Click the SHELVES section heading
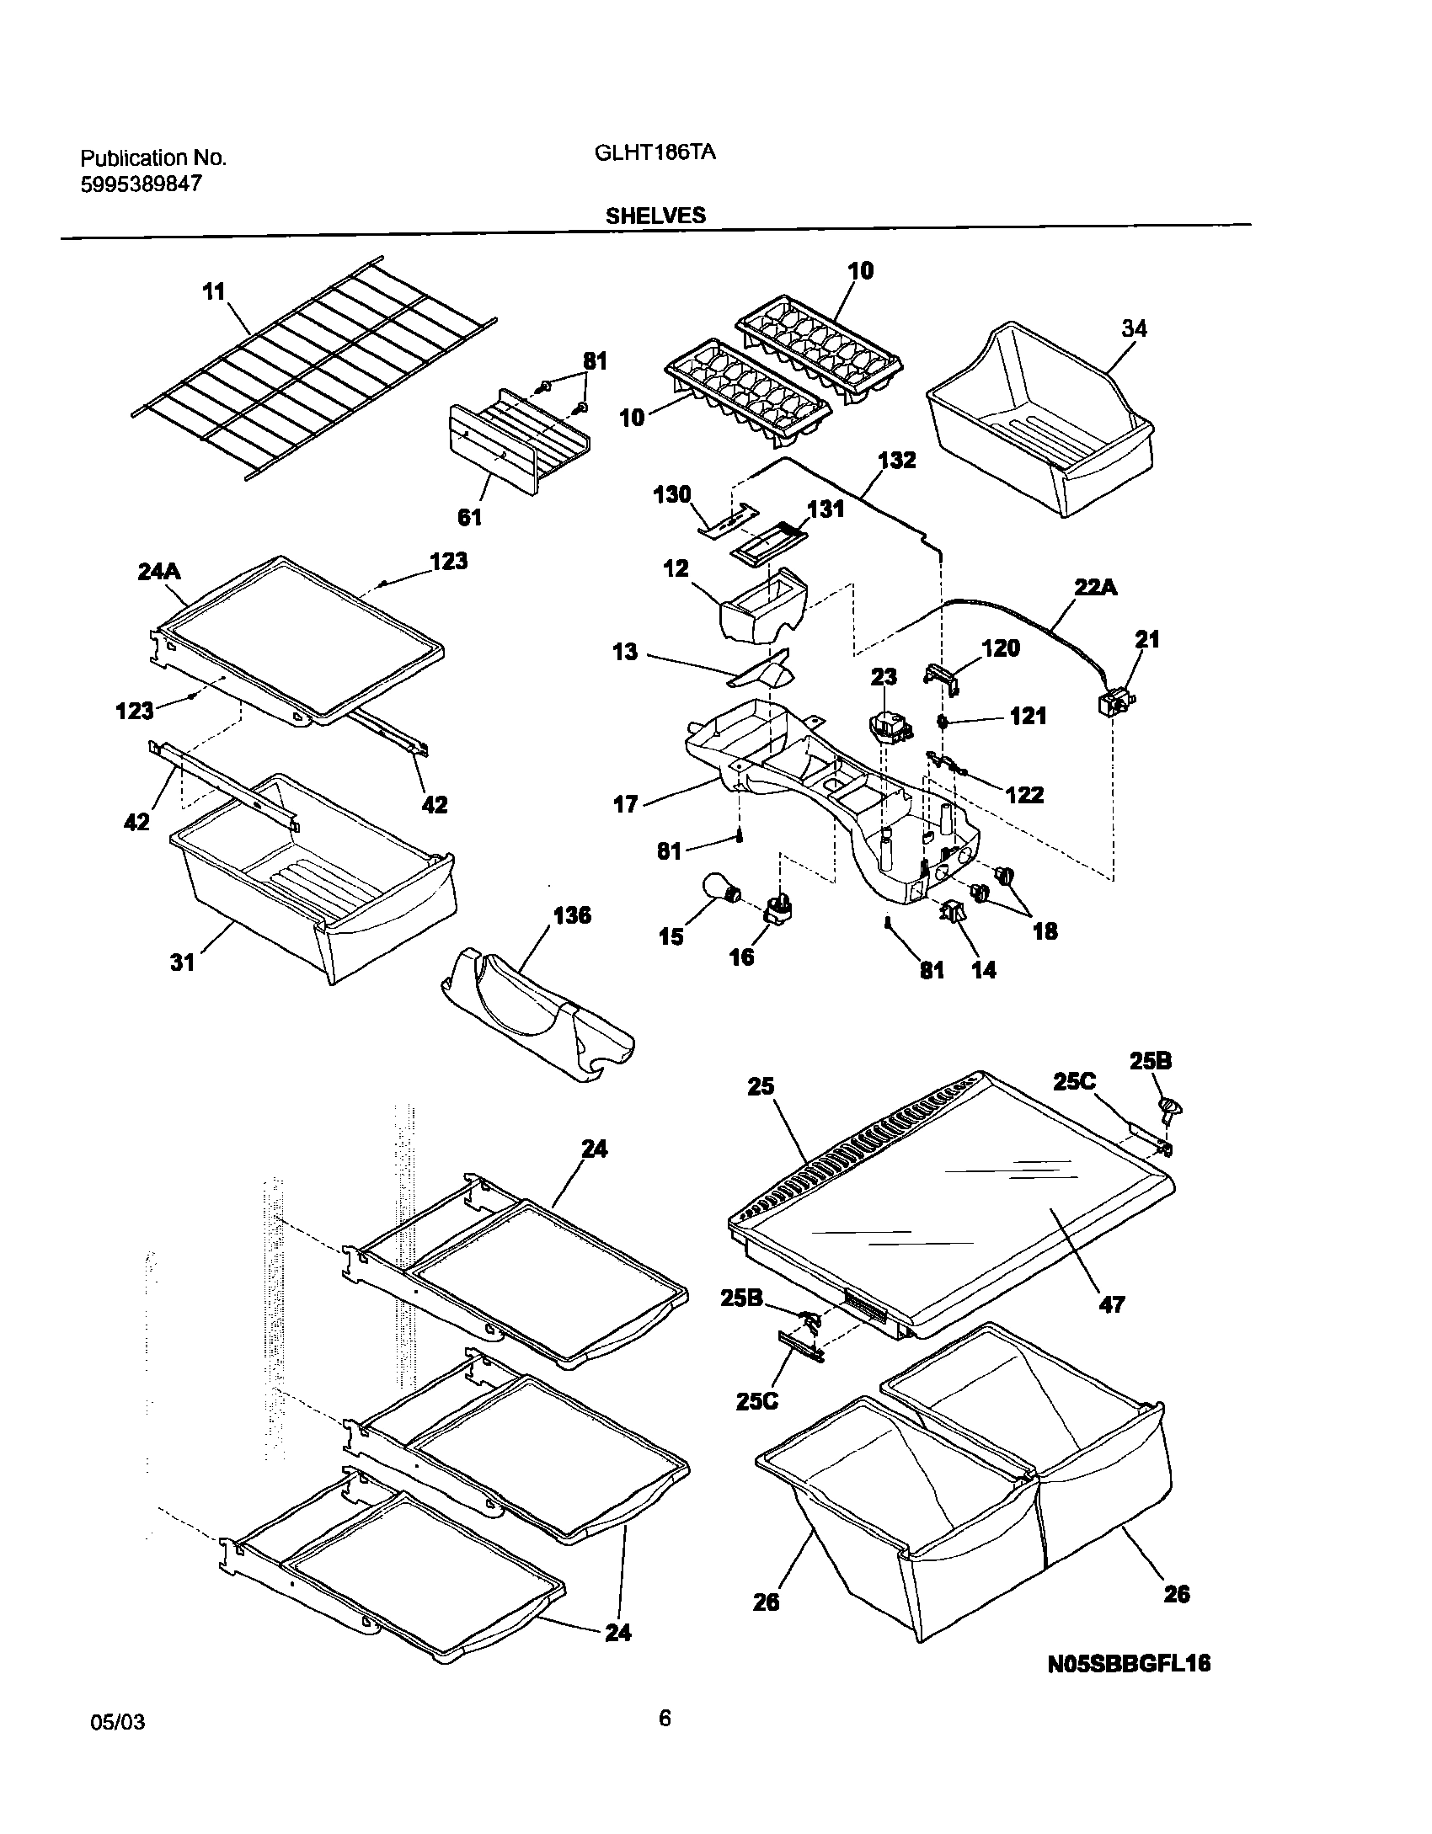tap(655, 216)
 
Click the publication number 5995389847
tap(141, 184)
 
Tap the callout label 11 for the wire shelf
tap(214, 292)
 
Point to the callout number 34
tap(1133, 328)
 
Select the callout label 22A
tap(1095, 587)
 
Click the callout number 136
tap(572, 915)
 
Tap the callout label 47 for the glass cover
tap(1112, 1304)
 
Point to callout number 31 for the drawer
tap(183, 962)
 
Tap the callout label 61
tap(469, 517)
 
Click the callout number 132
tap(896, 461)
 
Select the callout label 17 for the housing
tap(625, 804)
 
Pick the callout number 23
tap(884, 676)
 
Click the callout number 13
tap(625, 653)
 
